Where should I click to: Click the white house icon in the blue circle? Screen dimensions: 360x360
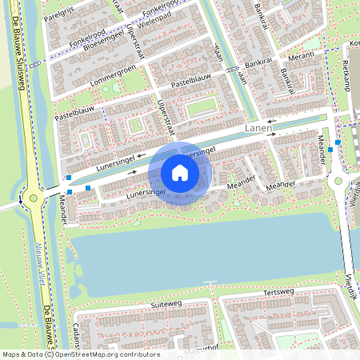pyautogui.click(x=180, y=172)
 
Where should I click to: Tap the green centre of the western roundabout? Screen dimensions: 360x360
pyautogui.click(x=33, y=198)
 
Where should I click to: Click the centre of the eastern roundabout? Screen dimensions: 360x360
pyautogui.click(x=338, y=181)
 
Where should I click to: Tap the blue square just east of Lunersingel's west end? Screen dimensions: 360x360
pyautogui.click(x=87, y=187)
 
